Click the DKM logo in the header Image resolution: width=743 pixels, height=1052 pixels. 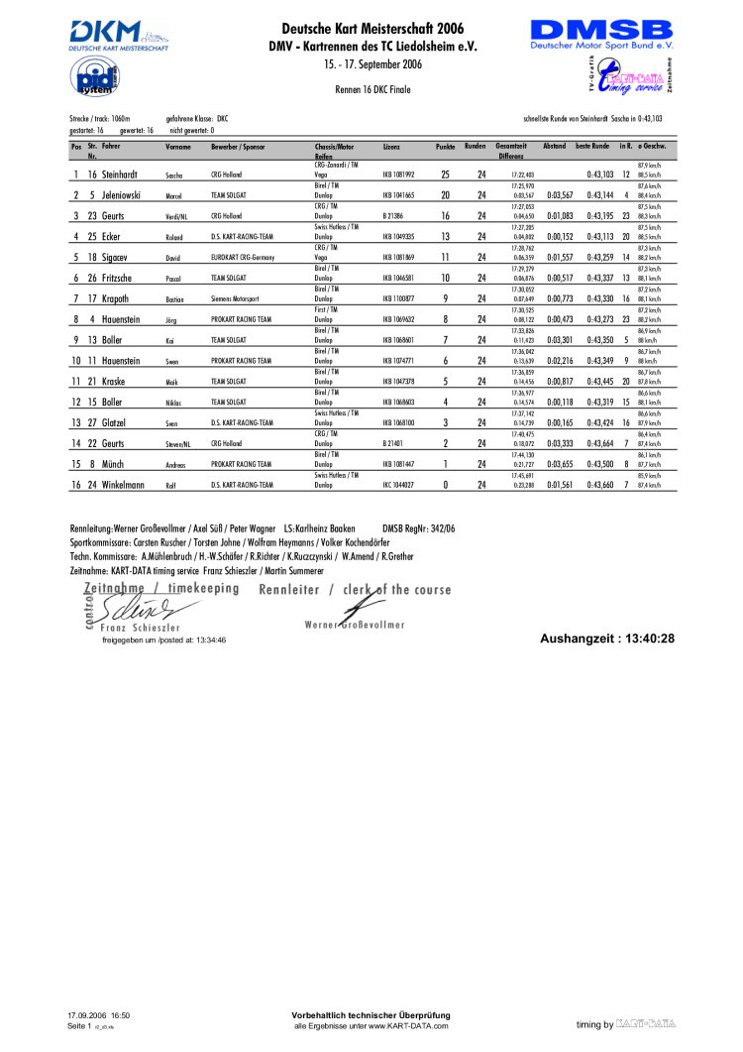pyautogui.click(x=117, y=35)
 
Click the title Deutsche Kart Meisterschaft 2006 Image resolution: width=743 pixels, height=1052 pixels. pyautogui.click(x=371, y=29)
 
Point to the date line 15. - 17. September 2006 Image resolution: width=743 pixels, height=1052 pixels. pyautogui.click(x=371, y=64)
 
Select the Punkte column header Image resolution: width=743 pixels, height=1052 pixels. pyautogui.click(x=445, y=147)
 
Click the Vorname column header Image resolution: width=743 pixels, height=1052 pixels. pyautogui.click(x=178, y=147)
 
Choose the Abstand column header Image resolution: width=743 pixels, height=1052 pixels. pyautogui.click(x=554, y=147)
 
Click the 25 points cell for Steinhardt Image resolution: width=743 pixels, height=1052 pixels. pyautogui.click(x=445, y=175)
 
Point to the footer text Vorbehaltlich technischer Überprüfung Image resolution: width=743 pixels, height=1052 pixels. pyautogui.click(x=371, y=1015)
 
